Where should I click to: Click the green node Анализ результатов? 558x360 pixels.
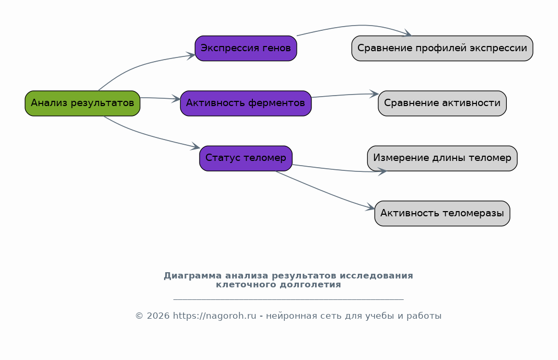[x=83, y=103]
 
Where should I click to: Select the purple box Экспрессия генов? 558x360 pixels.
[x=246, y=49]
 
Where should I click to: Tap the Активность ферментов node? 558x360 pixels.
[x=246, y=103]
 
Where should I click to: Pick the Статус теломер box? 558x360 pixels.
[x=246, y=158]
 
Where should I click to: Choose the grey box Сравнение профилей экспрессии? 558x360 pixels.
[x=443, y=49]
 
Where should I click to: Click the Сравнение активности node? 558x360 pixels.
[x=443, y=103]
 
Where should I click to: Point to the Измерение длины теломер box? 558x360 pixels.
[x=443, y=158]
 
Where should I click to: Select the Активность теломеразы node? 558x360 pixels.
[x=443, y=213]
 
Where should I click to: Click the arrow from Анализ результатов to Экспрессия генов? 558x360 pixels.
[x=139, y=65]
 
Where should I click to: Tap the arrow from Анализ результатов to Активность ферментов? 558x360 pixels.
[x=160, y=98]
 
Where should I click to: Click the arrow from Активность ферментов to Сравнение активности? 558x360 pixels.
[x=344, y=95]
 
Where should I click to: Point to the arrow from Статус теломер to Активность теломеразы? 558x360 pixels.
[x=324, y=192]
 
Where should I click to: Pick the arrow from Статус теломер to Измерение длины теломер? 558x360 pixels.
[x=340, y=170]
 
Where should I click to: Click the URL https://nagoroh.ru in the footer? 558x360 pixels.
[x=215, y=316]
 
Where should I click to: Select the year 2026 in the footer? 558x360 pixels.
[x=158, y=316]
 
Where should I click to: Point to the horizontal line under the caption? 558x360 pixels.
[x=288, y=299]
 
